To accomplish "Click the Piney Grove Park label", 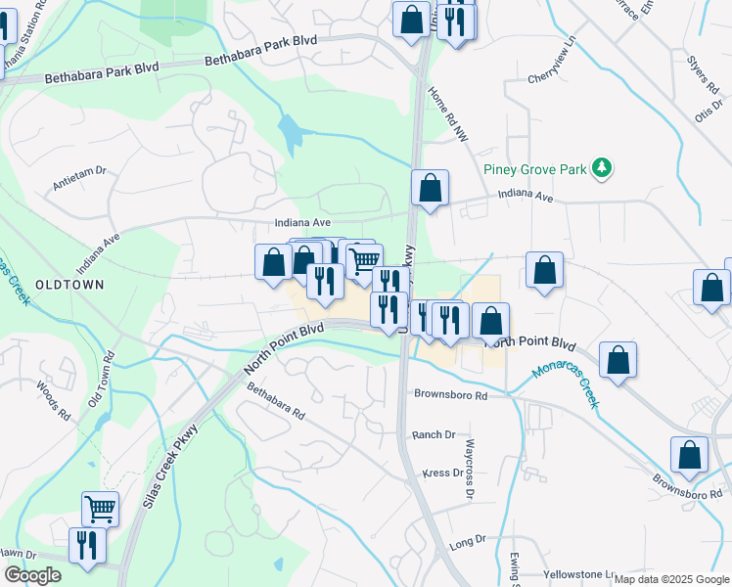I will (534, 169).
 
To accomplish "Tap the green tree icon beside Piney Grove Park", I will (603, 169).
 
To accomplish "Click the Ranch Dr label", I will (434, 434).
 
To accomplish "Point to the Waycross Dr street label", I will (469, 476).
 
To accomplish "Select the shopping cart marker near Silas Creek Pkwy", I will (100, 509).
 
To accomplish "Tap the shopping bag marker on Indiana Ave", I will (430, 188).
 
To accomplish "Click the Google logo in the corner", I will (32, 575).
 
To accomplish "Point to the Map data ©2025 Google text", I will (671, 579).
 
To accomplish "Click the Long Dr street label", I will (467, 540).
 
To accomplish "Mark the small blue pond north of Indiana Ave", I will (290, 134).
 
